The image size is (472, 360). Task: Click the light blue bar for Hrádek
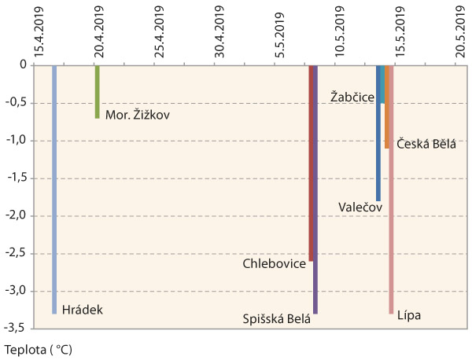coord(54,189)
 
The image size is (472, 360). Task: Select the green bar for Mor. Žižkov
coord(97,91)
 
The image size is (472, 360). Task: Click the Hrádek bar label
coord(82,310)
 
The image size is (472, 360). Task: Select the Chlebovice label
coord(274,264)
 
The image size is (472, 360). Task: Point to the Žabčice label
coord(352,96)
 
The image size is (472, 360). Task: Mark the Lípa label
coord(409,316)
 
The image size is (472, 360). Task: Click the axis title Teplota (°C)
coord(43,346)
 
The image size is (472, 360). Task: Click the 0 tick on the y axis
coord(24,65)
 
